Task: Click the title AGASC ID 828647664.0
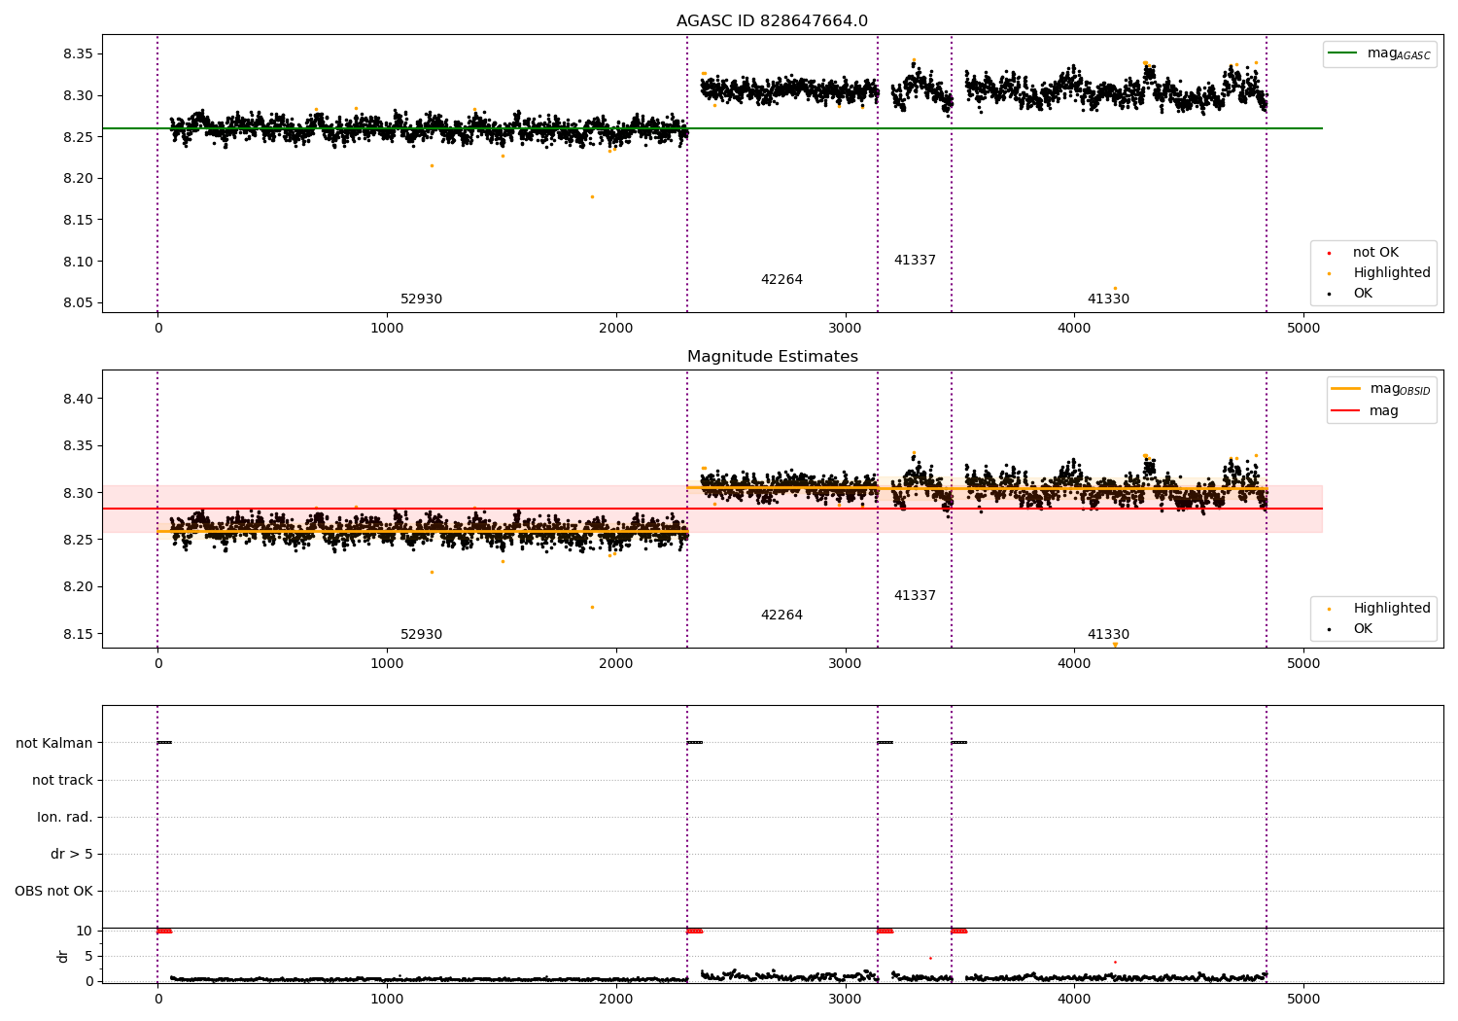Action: click(x=772, y=20)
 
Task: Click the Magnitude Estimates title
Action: click(x=773, y=356)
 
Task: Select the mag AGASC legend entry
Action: click(x=1380, y=53)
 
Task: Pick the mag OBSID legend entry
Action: click(x=1381, y=389)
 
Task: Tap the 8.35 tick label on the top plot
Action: click(x=78, y=54)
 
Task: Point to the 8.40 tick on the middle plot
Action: click(x=78, y=399)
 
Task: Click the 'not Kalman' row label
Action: click(x=54, y=743)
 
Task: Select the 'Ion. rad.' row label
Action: click(x=65, y=817)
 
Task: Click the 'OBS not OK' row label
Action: click(x=54, y=891)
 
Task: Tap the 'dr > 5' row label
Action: click(x=72, y=854)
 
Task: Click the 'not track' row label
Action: click(x=62, y=780)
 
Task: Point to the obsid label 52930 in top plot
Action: click(x=421, y=299)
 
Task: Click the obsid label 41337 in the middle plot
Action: click(x=915, y=595)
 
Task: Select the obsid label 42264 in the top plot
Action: click(x=781, y=279)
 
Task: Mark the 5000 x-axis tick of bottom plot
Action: click(x=1303, y=1000)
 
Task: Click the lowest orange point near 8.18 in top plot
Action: click(x=592, y=196)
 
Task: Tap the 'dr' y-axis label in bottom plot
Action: click(x=62, y=957)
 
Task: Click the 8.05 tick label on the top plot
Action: click(x=78, y=302)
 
